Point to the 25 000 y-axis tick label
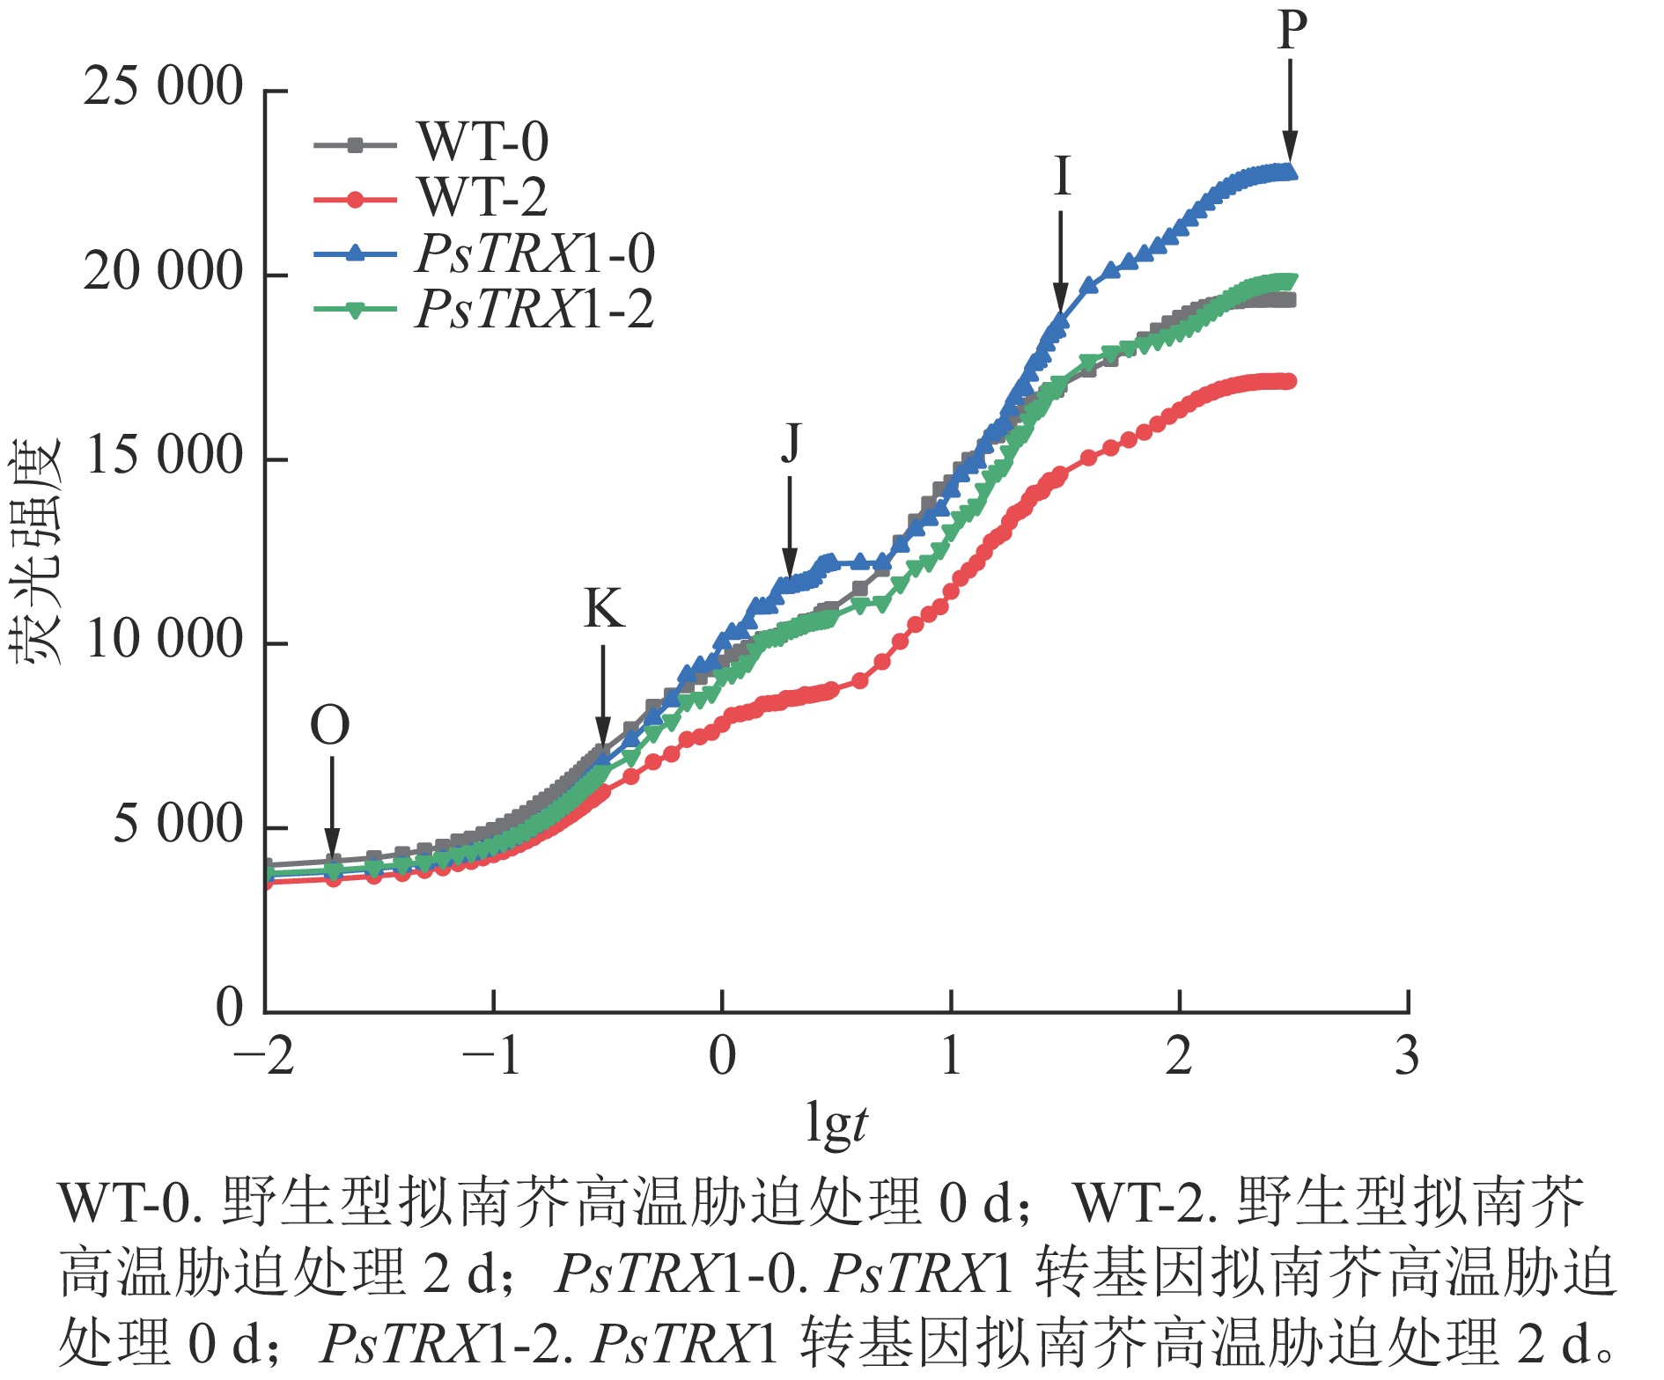(163, 88)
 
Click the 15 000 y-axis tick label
(163, 457)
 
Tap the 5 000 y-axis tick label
(177, 826)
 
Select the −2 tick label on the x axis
(263, 1057)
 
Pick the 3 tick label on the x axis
(1407, 1057)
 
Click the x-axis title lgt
(836, 1125)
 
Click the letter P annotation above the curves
(1292, 30)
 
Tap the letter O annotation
(330, 727)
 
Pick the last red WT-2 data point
(1289, 381)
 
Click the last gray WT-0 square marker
(1289, 300)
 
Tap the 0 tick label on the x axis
(722, 1057)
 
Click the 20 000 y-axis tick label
(163, 273)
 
